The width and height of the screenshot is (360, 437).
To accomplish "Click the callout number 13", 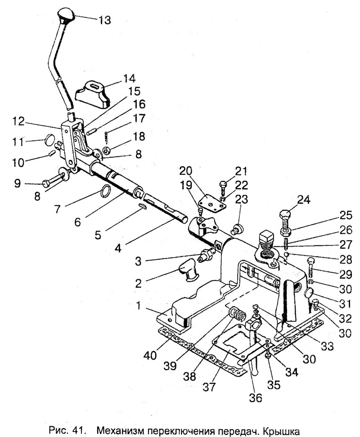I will coord(104,20).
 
